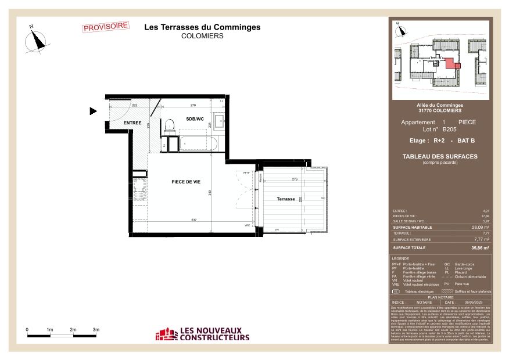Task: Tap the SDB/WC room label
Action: [195, 118]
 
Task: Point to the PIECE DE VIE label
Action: [186, 182]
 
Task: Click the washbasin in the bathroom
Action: [220, 122]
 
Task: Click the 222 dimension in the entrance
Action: [134, 105]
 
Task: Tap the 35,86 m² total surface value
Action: [480, 248]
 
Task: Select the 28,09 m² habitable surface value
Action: [480, 228]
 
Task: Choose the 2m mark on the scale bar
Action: [73, 330]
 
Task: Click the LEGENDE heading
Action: [400, 258]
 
